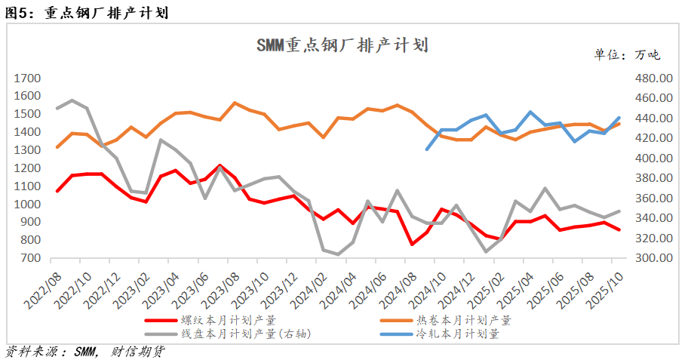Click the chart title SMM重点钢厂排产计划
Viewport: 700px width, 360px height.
tap(342, 45)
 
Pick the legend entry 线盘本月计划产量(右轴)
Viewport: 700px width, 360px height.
tap(241, 333)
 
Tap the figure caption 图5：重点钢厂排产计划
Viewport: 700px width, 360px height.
tap(87, 13)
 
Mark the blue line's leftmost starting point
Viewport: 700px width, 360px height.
tap(428, 149)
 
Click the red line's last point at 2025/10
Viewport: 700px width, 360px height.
tap(619, 229)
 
